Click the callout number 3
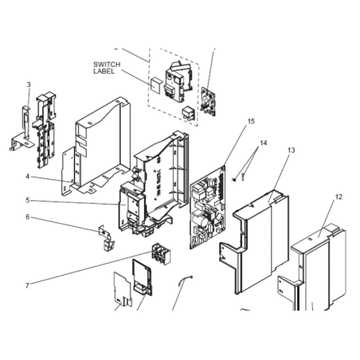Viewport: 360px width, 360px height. click(29, 84)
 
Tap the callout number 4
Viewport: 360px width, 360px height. click(28, 176)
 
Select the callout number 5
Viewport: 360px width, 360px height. click(28, 200)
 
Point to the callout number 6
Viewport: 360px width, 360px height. click(28, 217)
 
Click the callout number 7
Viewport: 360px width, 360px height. click(27, 286)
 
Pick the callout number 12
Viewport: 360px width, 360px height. click(338, 197)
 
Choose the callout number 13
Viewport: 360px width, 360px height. click(292, 151)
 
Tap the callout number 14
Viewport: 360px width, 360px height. click(263, 143)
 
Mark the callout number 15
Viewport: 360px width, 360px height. click(251, 121)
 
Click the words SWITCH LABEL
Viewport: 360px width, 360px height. click(107, 68)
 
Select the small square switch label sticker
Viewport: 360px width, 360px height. click(155, 85)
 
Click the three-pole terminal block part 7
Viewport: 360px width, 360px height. click(161, 254)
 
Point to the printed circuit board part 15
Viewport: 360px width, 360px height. click(208, 207)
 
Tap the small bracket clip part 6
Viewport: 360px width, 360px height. click(107, 238)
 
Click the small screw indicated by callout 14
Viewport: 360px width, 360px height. click(234, 180)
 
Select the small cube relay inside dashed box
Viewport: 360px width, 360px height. click(188, 113)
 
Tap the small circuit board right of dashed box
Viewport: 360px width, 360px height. click(209, 101)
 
